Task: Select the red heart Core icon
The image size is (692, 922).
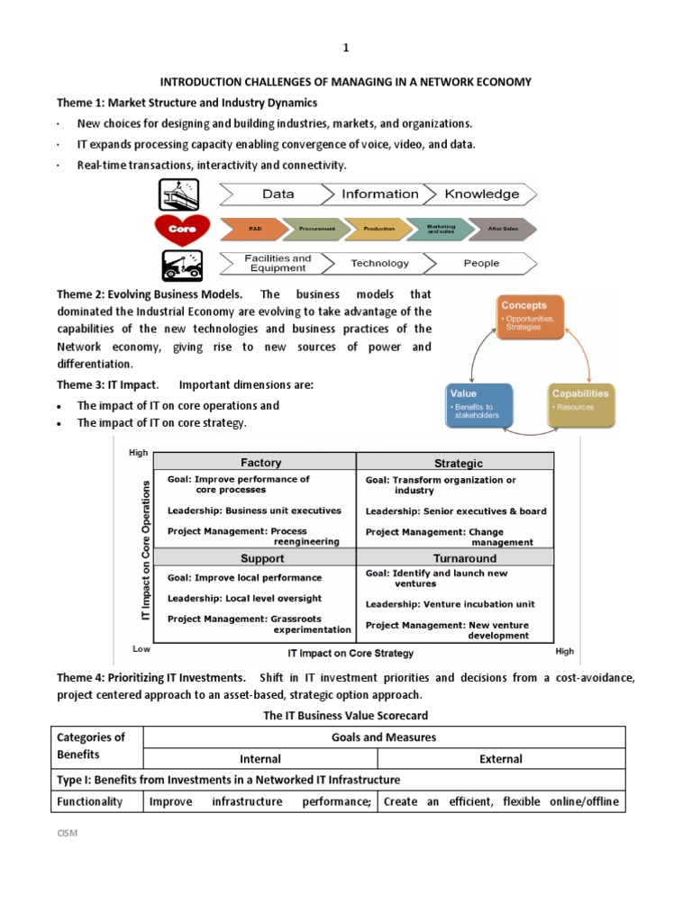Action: (182, 229)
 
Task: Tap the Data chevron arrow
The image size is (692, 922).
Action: (277, 194)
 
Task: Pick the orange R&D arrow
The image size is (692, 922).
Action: (255, 229)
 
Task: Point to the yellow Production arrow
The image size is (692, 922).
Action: (378, 229)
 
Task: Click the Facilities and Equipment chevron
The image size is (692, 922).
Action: (278, 263)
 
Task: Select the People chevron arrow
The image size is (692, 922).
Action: (481, 263)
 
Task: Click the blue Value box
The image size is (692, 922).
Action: (479, 405)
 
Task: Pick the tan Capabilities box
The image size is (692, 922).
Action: (581, 405)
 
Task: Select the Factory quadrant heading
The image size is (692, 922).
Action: (260, 463)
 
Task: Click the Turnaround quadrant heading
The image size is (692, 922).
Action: (465, 558)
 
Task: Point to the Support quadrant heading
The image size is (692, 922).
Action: (262, 558)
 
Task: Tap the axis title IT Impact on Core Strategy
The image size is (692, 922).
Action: (351, 653)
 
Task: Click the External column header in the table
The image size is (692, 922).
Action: (501, 759)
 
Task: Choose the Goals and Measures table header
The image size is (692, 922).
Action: (384, 737)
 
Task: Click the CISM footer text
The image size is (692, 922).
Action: (68, 833)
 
